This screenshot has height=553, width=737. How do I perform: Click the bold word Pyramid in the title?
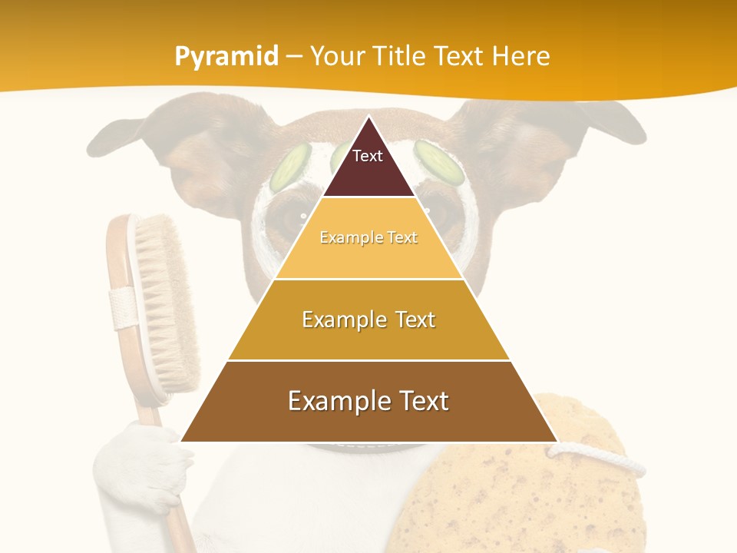(x=226, y=56)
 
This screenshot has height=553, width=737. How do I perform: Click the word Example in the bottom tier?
(x=333, y=401)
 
